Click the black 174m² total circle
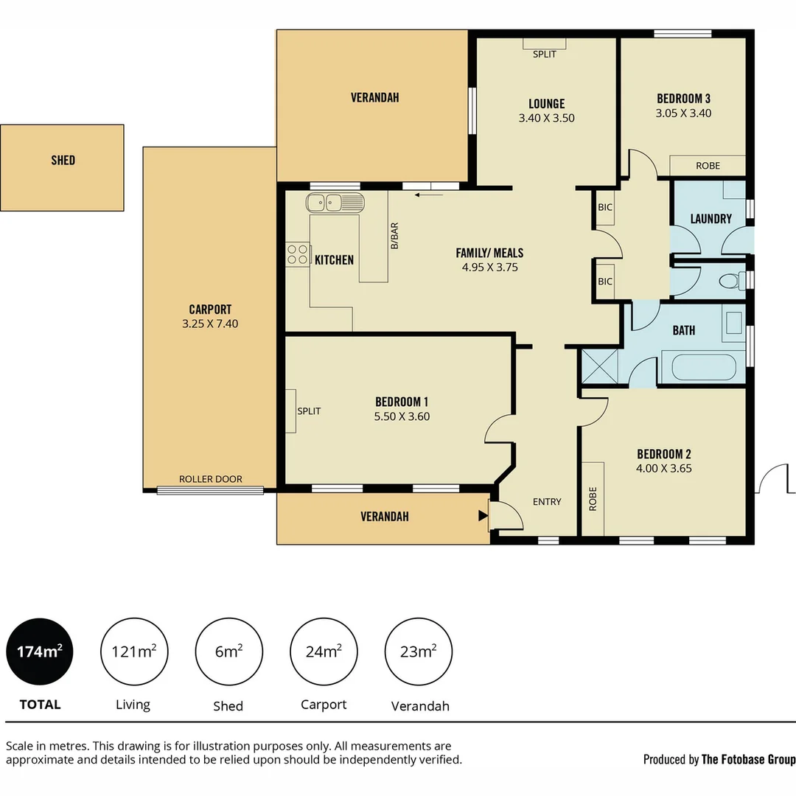click(x=40, y=652)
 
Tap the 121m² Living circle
click(x=134, y=652)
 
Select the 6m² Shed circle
click(x=228, y=652)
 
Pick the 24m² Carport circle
click(x=324, y=652)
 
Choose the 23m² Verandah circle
click(x=419, y=652)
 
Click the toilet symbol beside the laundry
click(x=730, y=281)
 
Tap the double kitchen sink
click(x=335, y=201)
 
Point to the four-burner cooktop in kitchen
click(x=298, y=254)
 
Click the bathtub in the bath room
click(x=703, y=367)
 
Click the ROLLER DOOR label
click(x=211, y=479)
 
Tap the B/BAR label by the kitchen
click(x=394, y=235)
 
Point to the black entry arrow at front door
click(x=483, y=516)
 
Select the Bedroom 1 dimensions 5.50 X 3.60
click(x=402, y=416)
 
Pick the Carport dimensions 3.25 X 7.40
click(x=210, y=324)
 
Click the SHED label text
click(x=63, y=160)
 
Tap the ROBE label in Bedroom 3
click(x=708, y=166)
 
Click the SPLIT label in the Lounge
click(x=544, y=54)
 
